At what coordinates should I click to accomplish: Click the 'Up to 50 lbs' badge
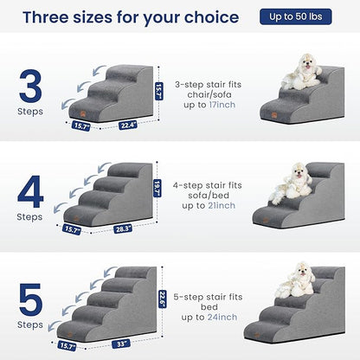307,16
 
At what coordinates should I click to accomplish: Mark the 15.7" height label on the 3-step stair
158,90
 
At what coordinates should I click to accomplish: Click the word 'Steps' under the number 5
30,326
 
